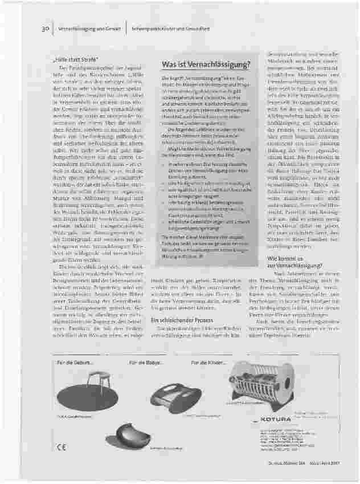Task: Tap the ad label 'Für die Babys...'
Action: coord(142,363)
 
